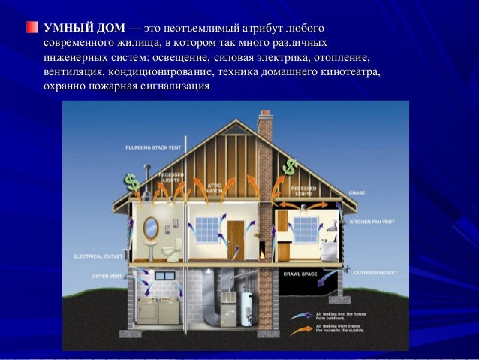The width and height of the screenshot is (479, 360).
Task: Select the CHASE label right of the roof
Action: (x=357, y=194)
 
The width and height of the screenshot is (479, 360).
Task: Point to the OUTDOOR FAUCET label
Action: (x=373, y=272)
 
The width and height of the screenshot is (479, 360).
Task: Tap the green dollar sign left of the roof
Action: (x=132, y=182)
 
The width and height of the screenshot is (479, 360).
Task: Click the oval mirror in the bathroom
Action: (x=150, y=228)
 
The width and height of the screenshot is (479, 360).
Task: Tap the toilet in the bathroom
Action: (x=173, y=250)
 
